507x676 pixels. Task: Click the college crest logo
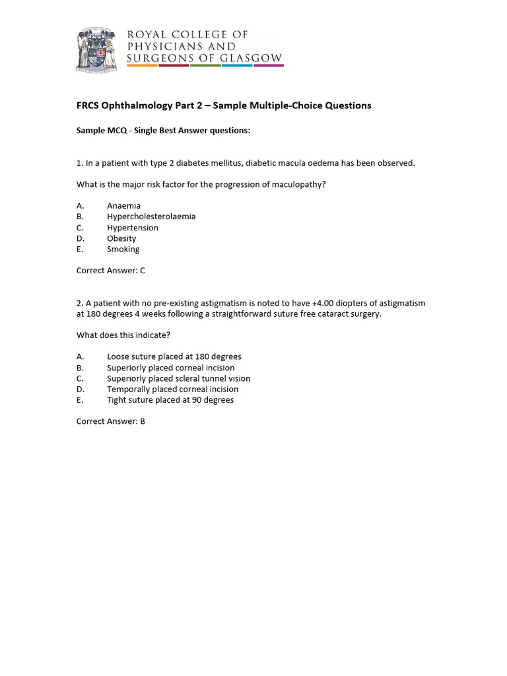[97, 50]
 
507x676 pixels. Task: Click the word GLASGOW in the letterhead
[255, 58]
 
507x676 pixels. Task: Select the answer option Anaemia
[123, 206]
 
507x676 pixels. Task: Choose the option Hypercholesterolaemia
[151, 217]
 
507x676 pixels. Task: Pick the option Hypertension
[133, 228]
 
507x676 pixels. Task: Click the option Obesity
[121, 238]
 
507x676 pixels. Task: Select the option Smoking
[123, 250]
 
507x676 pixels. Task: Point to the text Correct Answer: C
[111, 270]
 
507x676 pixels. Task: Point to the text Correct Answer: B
[111, 421]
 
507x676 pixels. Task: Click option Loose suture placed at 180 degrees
[174, 357]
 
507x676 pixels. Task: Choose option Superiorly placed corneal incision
[171, 368]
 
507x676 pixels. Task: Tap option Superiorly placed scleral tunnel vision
[179, 379]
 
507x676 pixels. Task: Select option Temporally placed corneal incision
[173, 389]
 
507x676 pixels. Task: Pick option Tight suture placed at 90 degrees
[170, 400]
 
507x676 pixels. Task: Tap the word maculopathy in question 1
[300, 185]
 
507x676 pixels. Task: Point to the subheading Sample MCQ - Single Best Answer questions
[164, 131]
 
